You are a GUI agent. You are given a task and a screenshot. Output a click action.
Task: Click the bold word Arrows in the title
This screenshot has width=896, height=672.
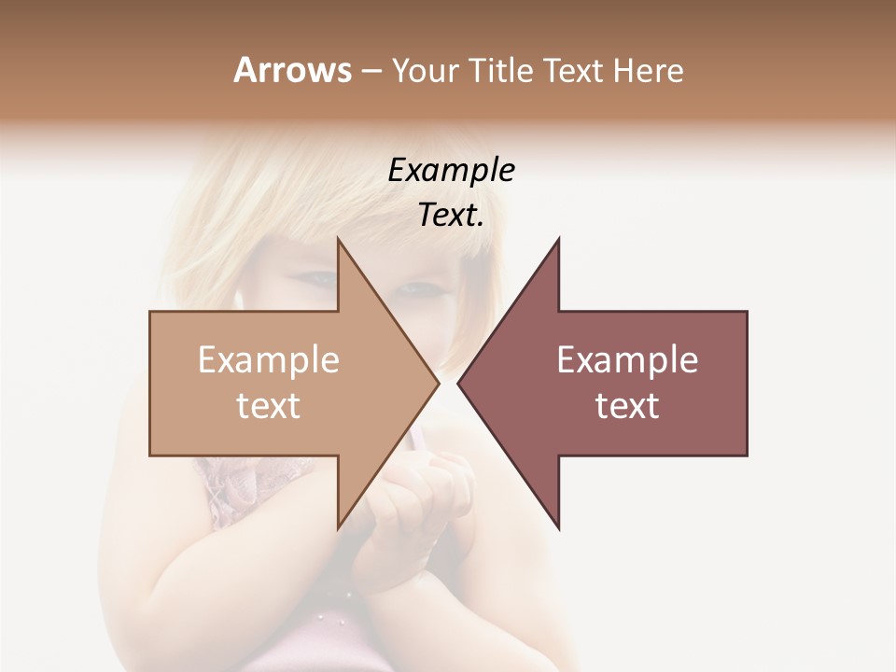(291, 70)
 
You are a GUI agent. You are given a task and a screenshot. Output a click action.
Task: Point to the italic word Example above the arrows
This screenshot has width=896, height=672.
(451, 171)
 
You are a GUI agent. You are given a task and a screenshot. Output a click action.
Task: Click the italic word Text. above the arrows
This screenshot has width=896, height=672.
(451, 216)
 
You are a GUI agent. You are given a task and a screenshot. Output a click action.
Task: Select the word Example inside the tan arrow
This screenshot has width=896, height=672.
(268, 360)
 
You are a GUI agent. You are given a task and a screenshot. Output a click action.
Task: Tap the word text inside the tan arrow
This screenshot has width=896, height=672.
(268, 406)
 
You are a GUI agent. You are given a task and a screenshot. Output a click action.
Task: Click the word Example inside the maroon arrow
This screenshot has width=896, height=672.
(627, 360)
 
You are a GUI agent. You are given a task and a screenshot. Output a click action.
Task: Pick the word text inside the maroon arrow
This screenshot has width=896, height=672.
(627, 406)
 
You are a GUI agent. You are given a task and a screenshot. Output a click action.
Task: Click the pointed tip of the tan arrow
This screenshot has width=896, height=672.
(437, 383)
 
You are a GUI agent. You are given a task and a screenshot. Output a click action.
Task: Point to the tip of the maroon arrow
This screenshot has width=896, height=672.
(459, 383)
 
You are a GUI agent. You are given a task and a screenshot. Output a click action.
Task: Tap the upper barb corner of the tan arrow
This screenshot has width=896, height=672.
(338, 240)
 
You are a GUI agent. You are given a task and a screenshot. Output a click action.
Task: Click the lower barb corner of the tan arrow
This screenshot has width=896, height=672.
(338, 527)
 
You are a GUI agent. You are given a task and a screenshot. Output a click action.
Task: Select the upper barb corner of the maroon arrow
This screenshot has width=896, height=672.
(558, 240)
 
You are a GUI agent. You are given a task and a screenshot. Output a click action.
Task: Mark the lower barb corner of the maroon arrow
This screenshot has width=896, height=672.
(558, 527)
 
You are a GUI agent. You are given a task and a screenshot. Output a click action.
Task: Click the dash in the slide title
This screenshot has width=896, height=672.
(371, 72)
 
